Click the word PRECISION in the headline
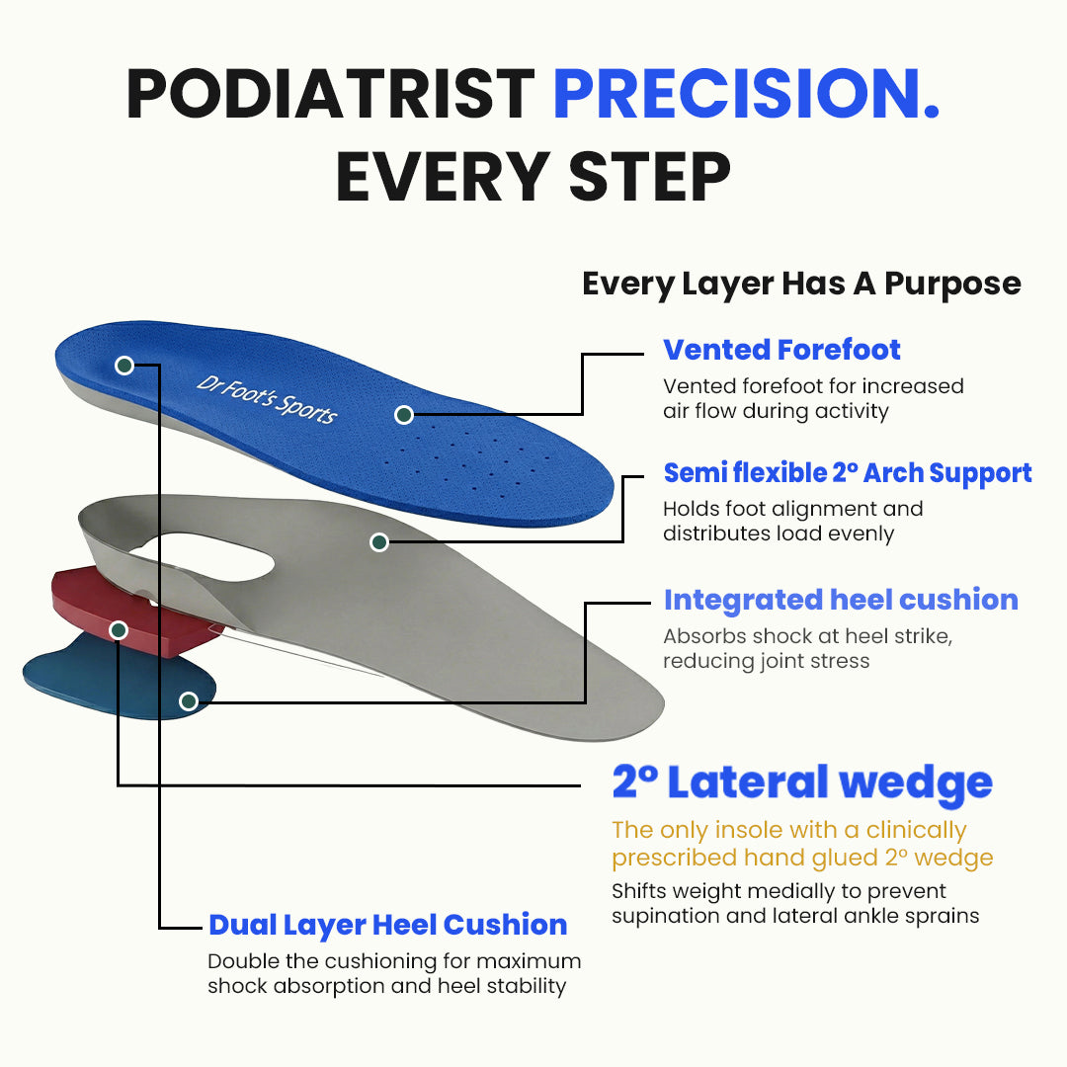[x=746, y=95]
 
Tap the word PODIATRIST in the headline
[x=330, y=95]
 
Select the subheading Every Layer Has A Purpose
[x=801, y=284]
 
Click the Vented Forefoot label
[x=781, y=350]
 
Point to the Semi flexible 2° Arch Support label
[x=848, y=473]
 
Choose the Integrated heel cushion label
[x=841, y=600]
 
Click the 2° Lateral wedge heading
[x=802, y=782]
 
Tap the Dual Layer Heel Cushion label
[x=387, y=925]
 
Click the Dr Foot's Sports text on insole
[x=267, y=397]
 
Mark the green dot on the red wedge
[x=119, y=629]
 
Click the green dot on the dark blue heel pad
[x=189, y=701]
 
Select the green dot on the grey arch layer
[x=379, y=541]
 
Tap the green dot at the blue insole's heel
[x=124, y=366]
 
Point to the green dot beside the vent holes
[x=404, y=415]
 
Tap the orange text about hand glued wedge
[x=801, y=843]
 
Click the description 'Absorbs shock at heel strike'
[x=807, y=636]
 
